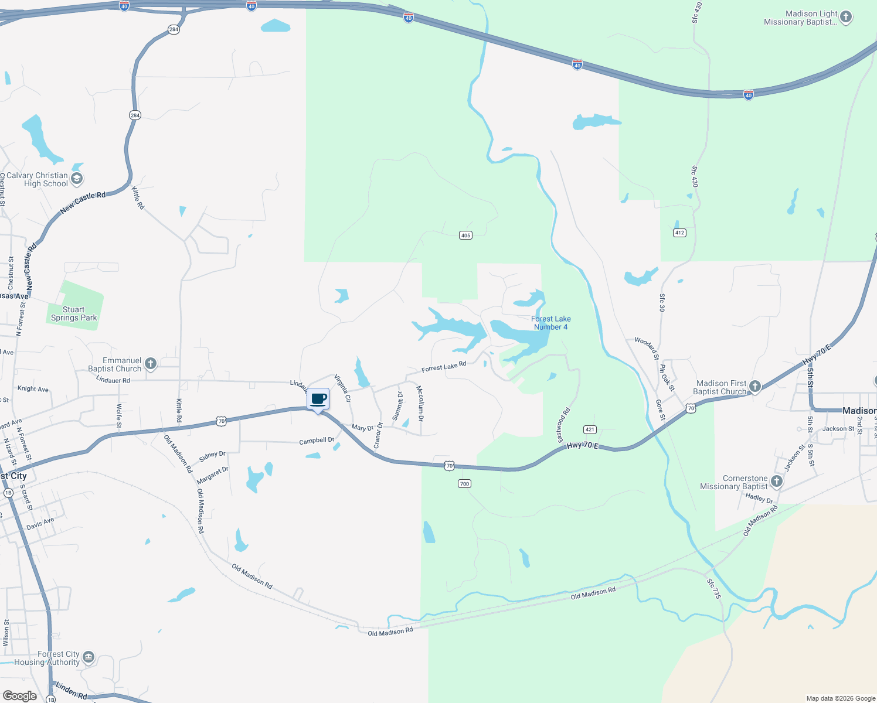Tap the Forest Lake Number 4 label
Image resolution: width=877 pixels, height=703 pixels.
(550, 323)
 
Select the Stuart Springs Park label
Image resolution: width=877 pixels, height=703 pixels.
(74, 313)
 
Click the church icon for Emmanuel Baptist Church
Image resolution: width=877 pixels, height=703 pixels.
(151, 364)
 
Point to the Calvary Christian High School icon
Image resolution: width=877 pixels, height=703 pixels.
(77, 178)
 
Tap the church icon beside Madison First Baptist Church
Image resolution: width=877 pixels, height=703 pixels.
(755, 386)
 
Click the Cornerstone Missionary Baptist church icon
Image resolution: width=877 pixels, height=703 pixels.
(777, 482)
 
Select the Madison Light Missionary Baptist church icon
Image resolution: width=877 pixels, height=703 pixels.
(846, 16)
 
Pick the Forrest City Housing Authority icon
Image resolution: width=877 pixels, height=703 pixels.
(89, 657)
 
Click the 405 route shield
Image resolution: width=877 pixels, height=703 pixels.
(465, 236)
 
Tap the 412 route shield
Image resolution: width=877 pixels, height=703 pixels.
(679, 233)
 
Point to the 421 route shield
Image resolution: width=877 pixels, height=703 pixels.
(590, 429)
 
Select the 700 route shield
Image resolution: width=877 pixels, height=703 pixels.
(465, 483)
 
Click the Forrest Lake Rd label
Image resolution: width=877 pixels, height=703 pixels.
(444, 367)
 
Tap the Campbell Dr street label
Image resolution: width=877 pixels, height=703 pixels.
(317, 441)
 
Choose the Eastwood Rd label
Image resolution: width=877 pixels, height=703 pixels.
(563, 425)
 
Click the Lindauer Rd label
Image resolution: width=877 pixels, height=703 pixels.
(113, 380)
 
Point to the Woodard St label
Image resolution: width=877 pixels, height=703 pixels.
(647, 348)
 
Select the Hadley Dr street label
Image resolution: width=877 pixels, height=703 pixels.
(759, 498)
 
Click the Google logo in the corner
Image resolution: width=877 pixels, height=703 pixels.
(20, 696)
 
